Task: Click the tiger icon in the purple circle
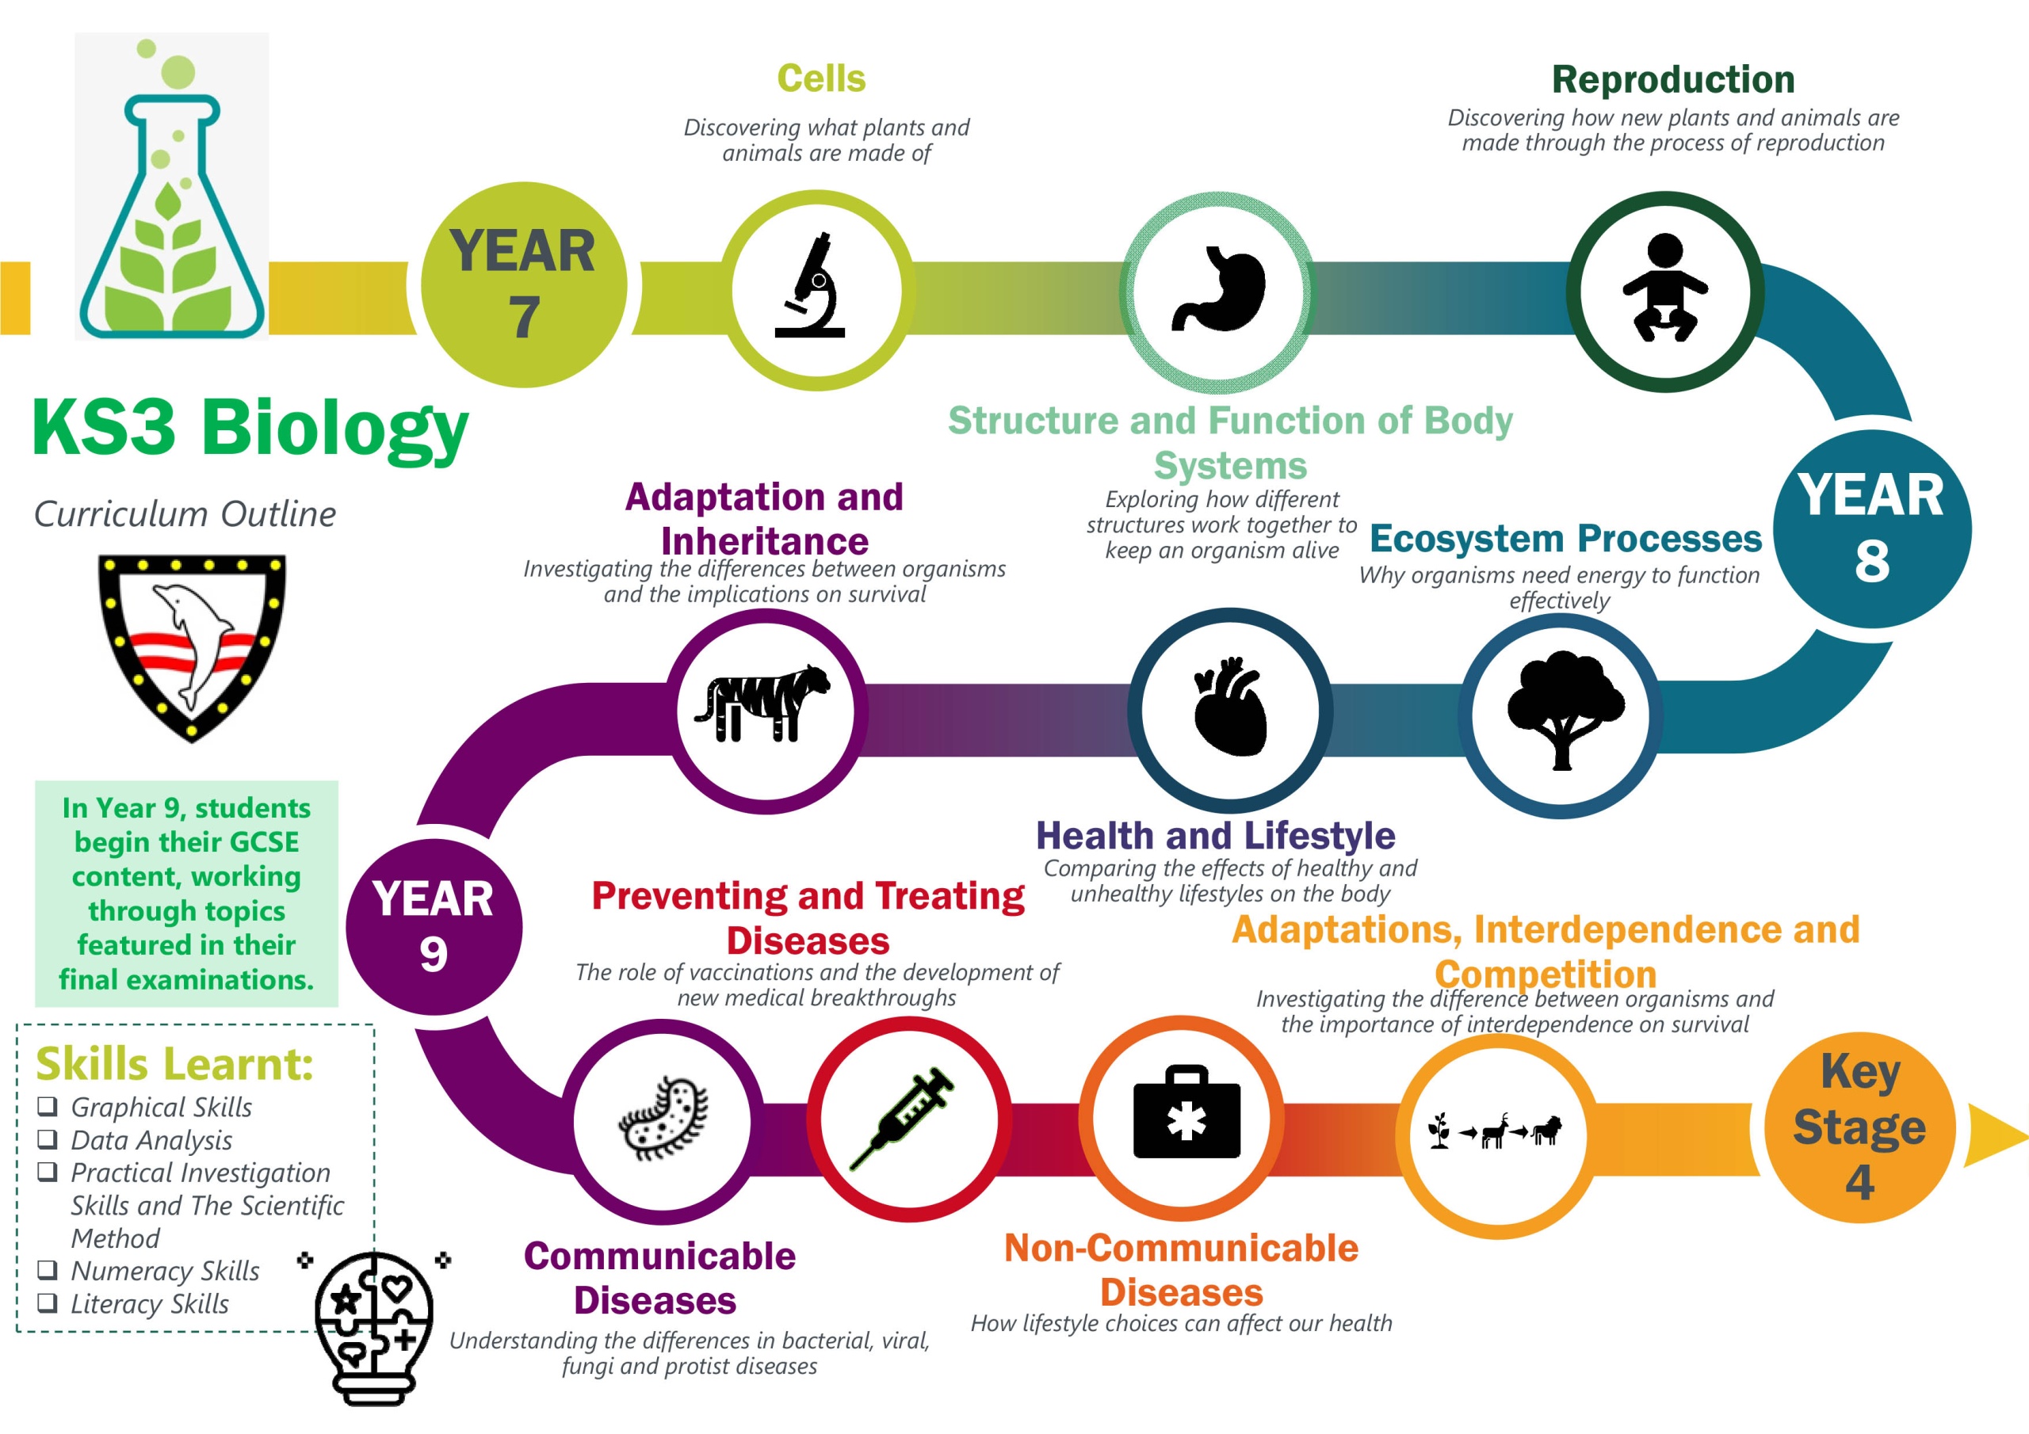point(762,704)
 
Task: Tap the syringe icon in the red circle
point(901,1119)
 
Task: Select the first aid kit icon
point(1186,1112)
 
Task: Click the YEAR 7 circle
point(523,284)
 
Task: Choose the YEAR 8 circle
point(1872,528)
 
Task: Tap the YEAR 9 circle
point(433,927)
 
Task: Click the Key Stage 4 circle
point(1859,1127)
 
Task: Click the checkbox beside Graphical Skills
point(47,1105)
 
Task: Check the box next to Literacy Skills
point(47,1302)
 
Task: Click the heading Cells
point(821,78)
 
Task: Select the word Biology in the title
point(335,428)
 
